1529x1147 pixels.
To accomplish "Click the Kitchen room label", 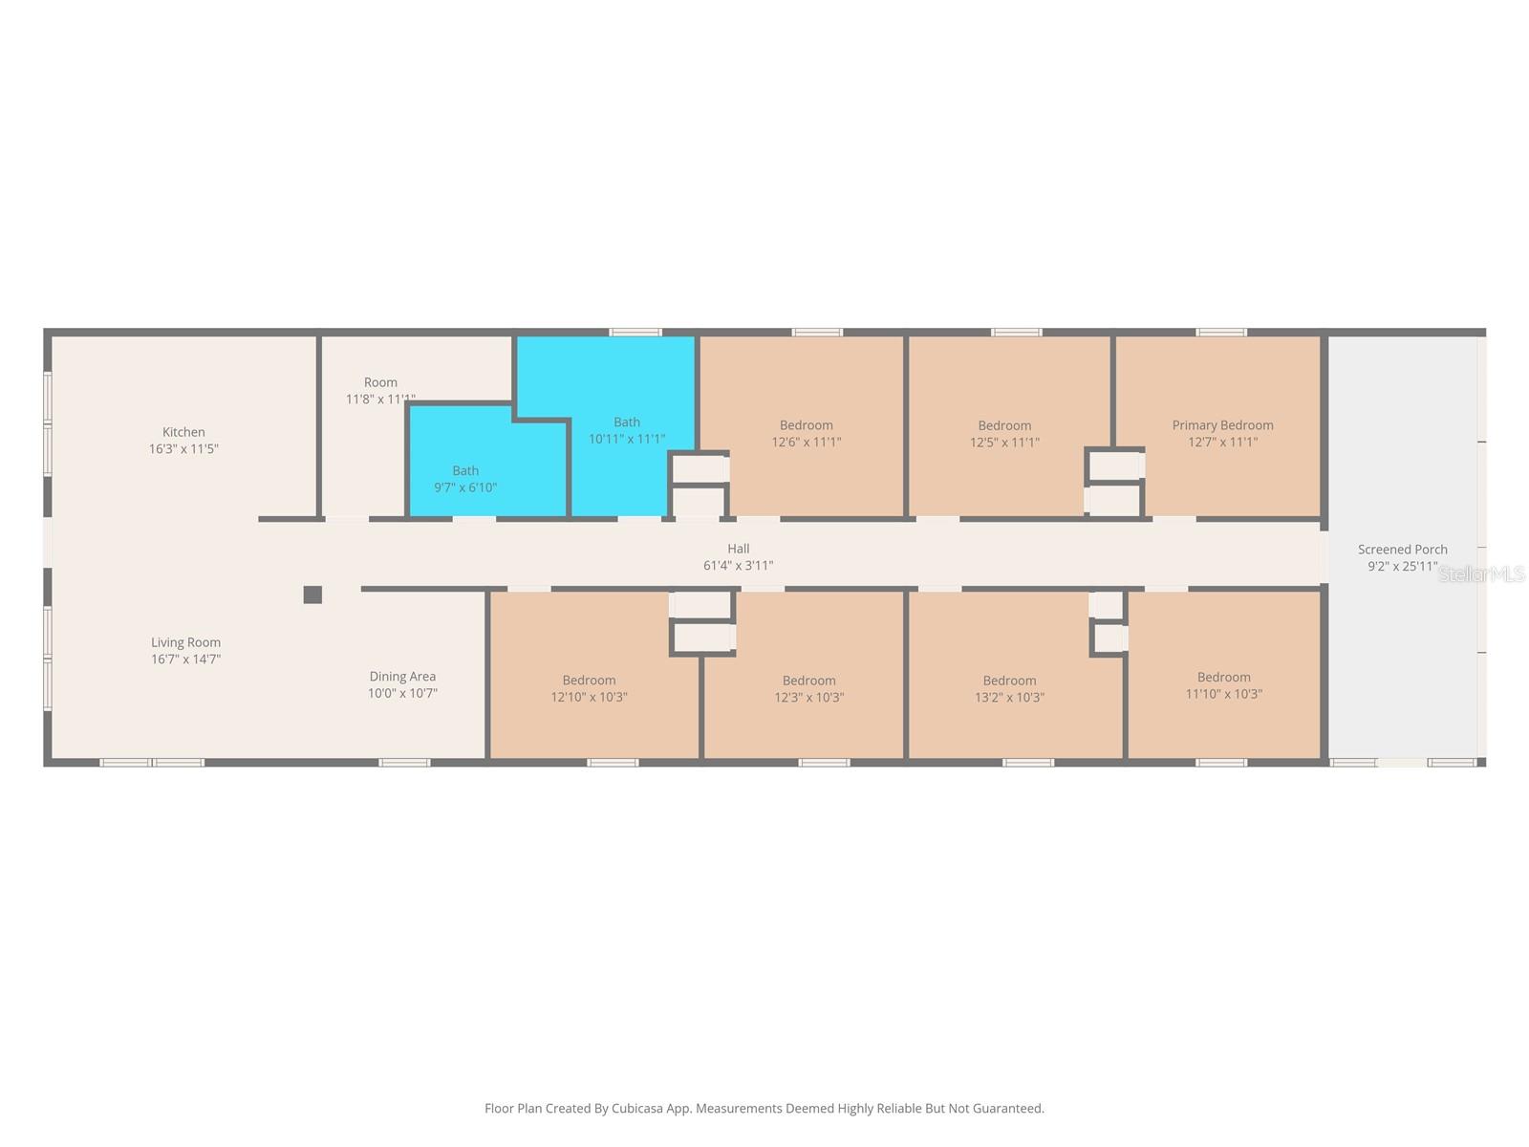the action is click(x=183, y=432).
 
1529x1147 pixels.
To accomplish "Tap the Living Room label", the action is click(x=185, y=642).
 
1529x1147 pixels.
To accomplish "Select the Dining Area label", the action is click(x=402, y=676).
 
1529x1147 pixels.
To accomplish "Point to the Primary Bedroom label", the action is click(x=1222, y=424).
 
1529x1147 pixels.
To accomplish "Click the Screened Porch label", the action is click(x=1402, y=550).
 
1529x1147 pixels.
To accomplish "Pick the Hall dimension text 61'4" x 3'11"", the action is click(x=738, y=566).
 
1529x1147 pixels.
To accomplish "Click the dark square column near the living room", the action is click(x=312, y=594).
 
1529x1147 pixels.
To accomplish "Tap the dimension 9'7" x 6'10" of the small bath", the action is click(x=465, y=487).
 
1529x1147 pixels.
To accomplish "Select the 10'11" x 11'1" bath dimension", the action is click(x=627, y=439).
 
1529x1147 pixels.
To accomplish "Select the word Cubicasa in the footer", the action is click(x=636, y=1108).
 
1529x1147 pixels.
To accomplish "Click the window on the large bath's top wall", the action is click(x=635, y=333).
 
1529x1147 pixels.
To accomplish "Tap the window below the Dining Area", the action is click(x=404, y=763).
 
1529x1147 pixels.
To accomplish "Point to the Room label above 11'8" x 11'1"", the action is click(x=380, y=382).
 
